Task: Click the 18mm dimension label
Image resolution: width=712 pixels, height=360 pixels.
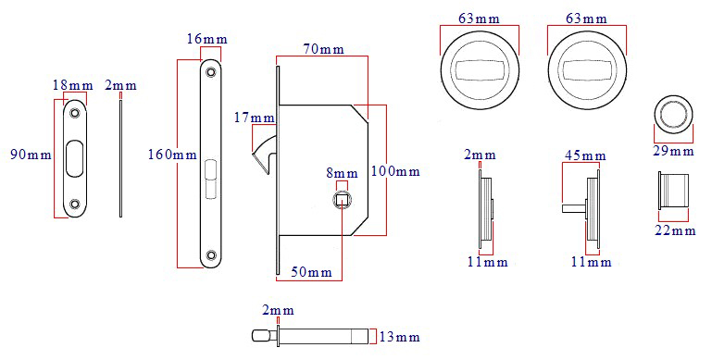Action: click(x=72, y=86)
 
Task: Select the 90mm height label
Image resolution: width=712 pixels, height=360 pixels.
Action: click(x=30, y=154)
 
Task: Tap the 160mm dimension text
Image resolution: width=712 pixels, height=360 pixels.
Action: click(x=171, y=154)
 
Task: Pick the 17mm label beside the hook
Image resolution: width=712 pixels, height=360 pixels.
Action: click(x=255, y=118)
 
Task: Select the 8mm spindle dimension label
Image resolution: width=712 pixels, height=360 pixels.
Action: click(x=342, y=173)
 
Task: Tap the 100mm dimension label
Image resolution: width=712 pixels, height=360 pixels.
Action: click(x=394, y=171)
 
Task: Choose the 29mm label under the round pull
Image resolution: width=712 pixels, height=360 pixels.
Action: click(x=674, y=151)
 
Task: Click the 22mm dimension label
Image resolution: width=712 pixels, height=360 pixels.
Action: click(x=674, y=230)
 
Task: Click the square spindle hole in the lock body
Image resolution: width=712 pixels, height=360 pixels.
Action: click(x=342, y=197)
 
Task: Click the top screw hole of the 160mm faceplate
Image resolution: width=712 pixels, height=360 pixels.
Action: click(x=212, y=70)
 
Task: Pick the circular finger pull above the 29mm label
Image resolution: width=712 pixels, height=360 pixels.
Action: click(x=673, y=113)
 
